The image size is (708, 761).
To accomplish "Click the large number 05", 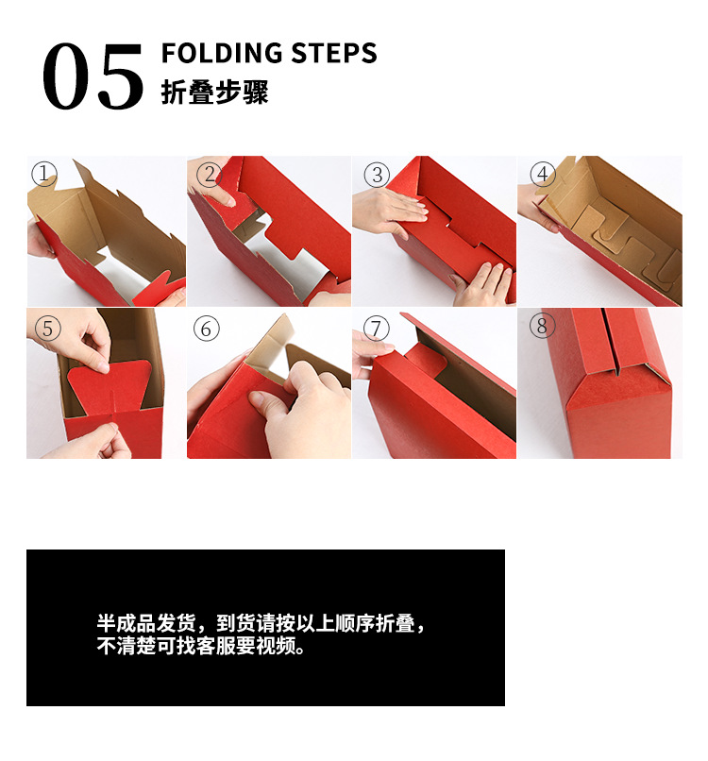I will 93,77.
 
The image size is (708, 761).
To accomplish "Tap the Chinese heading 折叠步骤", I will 214,93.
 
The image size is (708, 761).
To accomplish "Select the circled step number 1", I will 44,174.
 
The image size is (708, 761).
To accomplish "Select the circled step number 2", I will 211,174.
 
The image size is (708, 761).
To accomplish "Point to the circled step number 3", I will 376,175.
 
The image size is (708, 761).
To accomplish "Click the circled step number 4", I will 541,174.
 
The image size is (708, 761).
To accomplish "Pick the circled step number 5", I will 48,328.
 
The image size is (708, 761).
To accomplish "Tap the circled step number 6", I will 206,329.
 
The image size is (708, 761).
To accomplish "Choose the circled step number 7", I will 376,328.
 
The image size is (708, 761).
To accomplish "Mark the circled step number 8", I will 541,327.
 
